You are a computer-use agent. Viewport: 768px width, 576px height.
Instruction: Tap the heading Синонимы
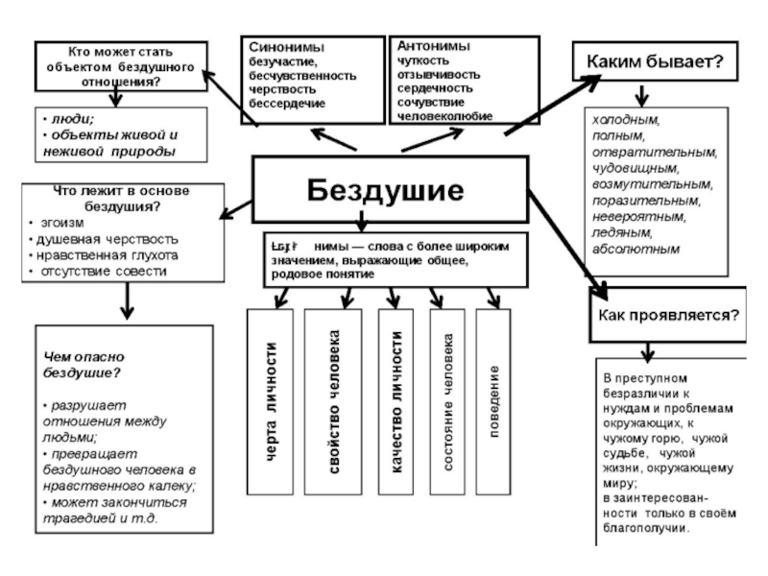coord(285,46)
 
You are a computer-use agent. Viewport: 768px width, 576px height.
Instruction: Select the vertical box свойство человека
coord(334,402)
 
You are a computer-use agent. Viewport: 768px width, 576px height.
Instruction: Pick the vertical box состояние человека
coord(449,402)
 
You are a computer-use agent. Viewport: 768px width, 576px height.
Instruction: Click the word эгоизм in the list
coord(63,222)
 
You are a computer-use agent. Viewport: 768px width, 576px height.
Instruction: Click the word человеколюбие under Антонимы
coord(445,115)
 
